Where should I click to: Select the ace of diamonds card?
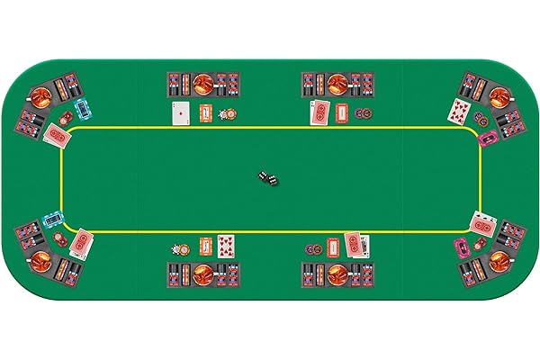182,113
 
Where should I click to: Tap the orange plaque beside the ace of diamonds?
205,114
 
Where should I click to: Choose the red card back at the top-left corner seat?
57,135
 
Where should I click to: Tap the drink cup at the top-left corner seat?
40,94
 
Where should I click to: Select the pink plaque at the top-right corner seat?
488,138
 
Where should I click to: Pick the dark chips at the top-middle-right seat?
363,114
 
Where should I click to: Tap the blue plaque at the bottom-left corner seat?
53,219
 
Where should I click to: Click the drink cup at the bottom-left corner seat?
41,262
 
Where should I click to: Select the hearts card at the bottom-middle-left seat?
225,244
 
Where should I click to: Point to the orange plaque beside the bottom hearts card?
204,244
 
